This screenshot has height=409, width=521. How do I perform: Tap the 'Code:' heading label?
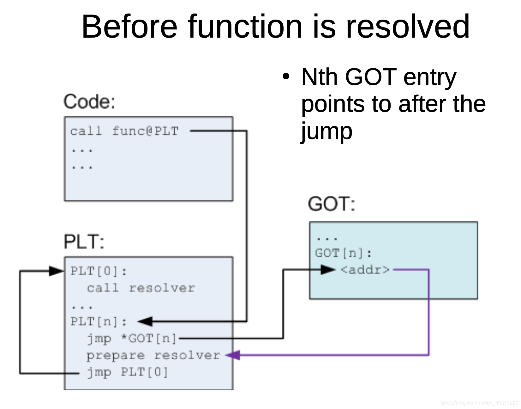point(89,102)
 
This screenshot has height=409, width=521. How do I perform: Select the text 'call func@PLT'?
point(124,131)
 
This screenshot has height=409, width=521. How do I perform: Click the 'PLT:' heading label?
point(84,242)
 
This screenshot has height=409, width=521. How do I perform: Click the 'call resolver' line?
point(141,288)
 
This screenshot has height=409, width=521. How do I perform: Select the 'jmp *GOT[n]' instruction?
point(132,339)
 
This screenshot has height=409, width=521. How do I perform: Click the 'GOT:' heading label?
point(331,204)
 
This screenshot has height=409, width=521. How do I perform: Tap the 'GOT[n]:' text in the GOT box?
point(343,253)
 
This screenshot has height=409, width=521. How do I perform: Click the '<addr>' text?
point(365,270)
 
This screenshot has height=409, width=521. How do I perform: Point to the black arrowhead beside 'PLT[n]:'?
point(145,321)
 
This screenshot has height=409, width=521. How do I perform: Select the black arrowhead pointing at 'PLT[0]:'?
point(57,271)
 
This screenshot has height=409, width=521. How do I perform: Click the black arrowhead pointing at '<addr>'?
point(327,270)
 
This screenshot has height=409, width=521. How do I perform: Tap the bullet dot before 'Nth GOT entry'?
point(286,77)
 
